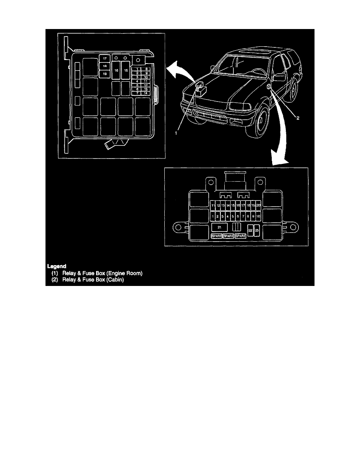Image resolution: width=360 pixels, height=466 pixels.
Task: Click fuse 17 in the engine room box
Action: (x=105, y=58)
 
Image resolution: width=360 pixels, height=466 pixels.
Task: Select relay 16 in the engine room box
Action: (x=116, y=70)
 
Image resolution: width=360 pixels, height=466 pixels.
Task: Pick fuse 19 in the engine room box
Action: (x=105, y=73)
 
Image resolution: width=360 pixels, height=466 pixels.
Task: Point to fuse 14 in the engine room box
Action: (x=145, y=93)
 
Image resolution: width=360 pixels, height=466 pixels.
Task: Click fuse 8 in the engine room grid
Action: (x=145, y=69)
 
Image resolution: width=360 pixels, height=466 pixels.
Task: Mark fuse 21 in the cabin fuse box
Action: (x=220, y=227)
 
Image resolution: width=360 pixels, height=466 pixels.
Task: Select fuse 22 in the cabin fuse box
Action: (x=250, y=231)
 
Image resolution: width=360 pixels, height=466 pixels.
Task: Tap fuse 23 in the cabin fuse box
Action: (x=257, y=231)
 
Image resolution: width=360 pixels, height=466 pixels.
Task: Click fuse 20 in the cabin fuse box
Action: (x=258, y=205)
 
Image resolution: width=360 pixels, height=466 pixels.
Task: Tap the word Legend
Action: (x=57, y=266)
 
